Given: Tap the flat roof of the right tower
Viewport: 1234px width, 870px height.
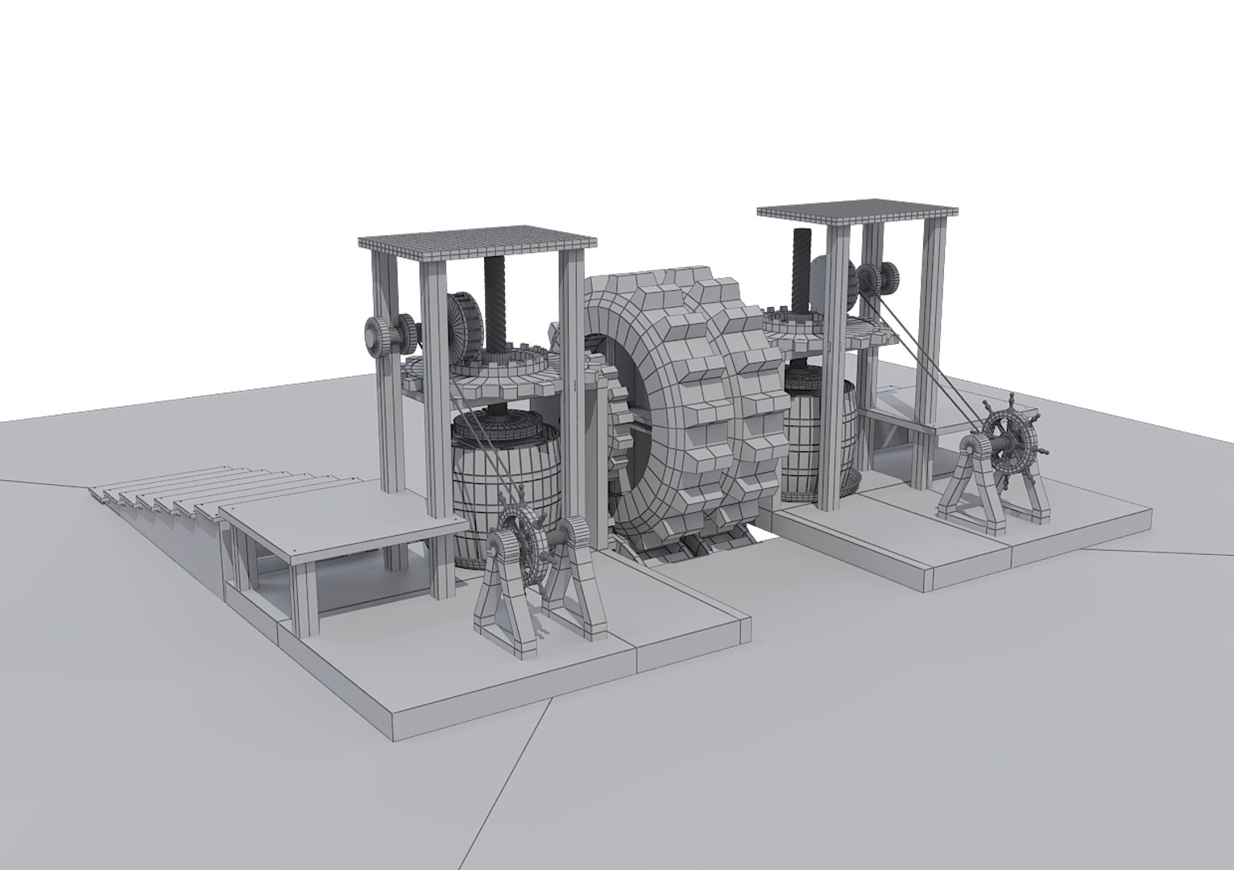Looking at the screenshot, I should click(x=857, y=211).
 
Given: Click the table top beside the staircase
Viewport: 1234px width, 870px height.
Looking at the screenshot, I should click(x=338, y=524).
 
